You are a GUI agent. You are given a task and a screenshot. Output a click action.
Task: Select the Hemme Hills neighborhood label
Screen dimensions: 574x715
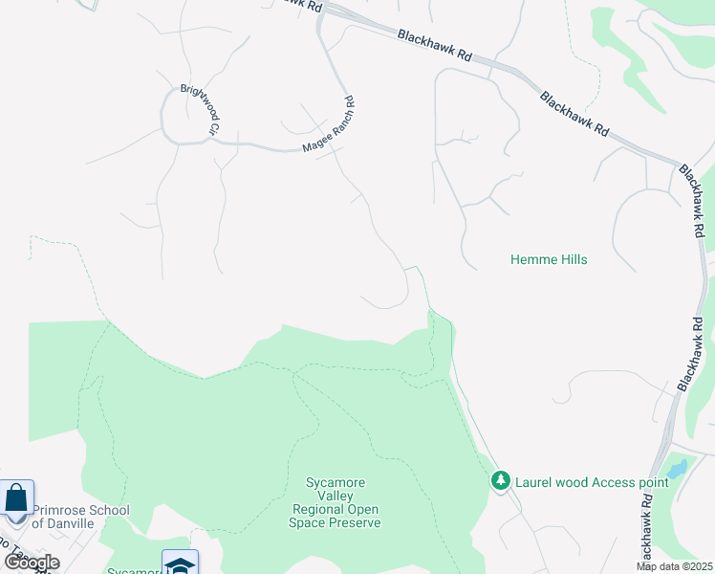549,259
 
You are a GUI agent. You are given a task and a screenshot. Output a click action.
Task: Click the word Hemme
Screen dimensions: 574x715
531,259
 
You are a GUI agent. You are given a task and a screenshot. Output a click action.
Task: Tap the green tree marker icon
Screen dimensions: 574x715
500,481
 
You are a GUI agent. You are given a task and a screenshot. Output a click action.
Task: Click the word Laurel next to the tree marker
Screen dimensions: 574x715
533,482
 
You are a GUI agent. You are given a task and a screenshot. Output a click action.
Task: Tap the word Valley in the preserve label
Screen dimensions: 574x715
336,497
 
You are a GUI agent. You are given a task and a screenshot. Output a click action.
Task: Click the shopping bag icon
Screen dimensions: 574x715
16,498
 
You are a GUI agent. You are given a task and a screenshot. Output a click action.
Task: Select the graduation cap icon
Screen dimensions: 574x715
181,563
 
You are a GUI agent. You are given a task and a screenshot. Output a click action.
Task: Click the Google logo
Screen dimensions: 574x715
32,562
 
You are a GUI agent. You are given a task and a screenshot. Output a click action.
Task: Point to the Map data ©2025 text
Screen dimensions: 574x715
675,566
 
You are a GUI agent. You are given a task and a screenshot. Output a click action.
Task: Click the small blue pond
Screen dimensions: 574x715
677,469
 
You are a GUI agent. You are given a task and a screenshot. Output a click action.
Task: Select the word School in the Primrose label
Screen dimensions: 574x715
109,510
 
